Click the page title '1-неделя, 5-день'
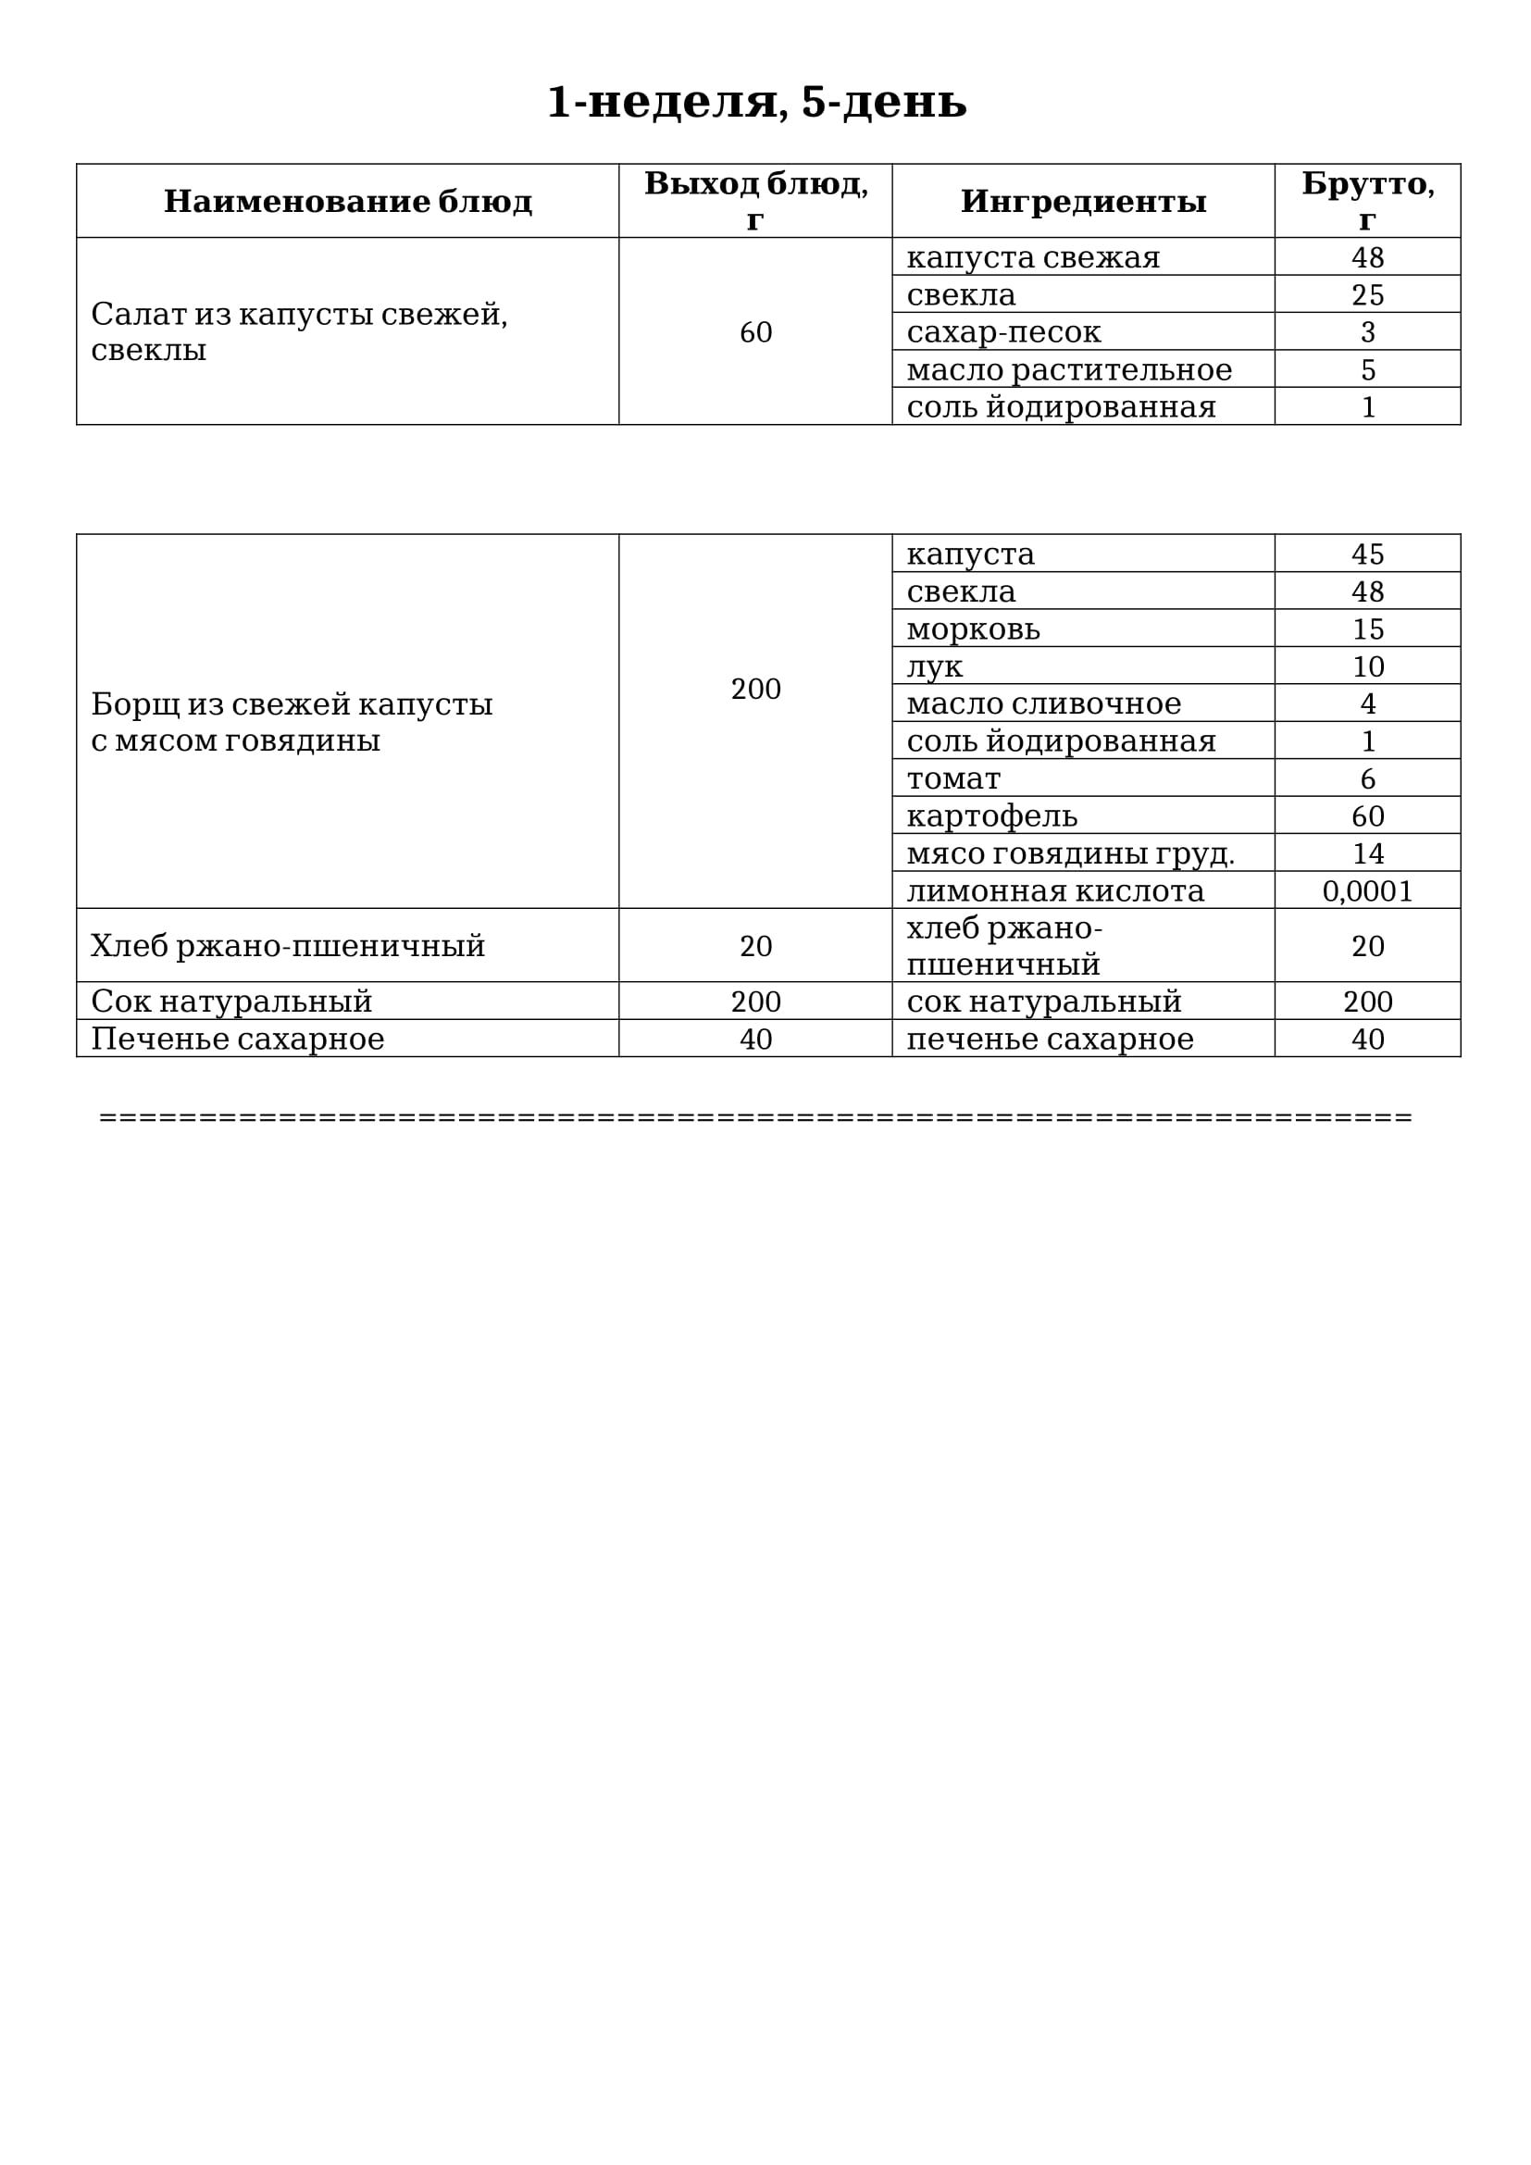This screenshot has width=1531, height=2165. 756,102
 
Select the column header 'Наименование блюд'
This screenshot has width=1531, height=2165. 348,201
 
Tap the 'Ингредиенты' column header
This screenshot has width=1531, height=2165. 1083,201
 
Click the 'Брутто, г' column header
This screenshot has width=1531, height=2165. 1367,201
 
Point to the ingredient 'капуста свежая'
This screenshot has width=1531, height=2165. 1033,257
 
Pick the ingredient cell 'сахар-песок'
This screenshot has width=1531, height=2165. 1003,332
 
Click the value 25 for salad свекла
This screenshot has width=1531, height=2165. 1367,295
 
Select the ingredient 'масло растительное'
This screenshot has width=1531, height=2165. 1069,369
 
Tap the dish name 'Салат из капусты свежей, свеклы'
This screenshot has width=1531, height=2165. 299,331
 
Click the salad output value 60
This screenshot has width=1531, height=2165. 755,332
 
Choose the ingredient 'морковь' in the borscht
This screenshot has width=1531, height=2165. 973,628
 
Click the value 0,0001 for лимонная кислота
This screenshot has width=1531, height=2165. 1367,891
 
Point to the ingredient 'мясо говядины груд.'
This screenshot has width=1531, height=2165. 1070,853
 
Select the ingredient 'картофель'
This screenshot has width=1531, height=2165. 991,815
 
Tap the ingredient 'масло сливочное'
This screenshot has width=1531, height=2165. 1043,703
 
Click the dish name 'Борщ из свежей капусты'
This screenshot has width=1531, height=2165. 292,704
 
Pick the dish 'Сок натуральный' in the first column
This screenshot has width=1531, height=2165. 231,1002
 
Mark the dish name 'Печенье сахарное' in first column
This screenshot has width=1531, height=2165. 238,1039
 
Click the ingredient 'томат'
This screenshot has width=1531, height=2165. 953,778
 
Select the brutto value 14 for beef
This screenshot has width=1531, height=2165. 1367,853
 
